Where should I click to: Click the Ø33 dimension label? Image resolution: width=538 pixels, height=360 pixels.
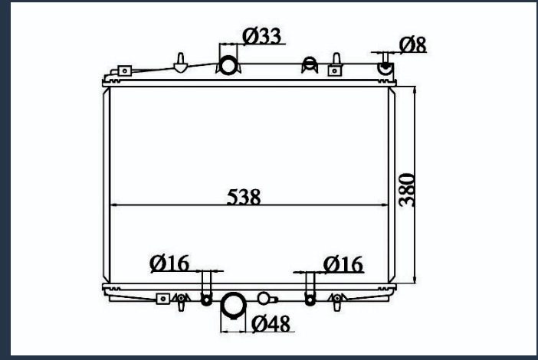(x=262, y=36)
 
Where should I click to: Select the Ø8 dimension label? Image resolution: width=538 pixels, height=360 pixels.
(x=413, y=44)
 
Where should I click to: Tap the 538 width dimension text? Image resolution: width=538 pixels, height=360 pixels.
(x=244, y=197)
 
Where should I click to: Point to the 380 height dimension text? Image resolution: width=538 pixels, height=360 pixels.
(x=407, y=190)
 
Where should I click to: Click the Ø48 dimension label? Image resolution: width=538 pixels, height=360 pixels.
(x=271, y=324)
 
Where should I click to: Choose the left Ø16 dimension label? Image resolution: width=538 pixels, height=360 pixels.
(x=169, y=263)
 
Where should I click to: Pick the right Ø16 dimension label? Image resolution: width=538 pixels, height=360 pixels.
(x=343, y=264)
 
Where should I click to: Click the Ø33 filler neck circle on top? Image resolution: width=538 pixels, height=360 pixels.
(x=228, y=65)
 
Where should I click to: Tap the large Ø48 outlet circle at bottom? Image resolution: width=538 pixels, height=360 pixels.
(x=234, y=305)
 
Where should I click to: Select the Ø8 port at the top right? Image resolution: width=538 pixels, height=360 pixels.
(x=385, y=67)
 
